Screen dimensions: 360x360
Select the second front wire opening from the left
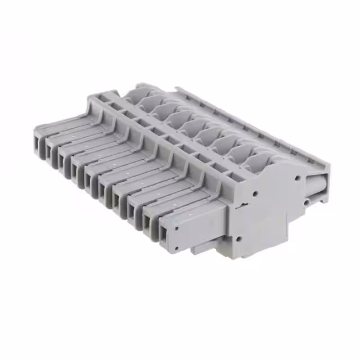point(52,152)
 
